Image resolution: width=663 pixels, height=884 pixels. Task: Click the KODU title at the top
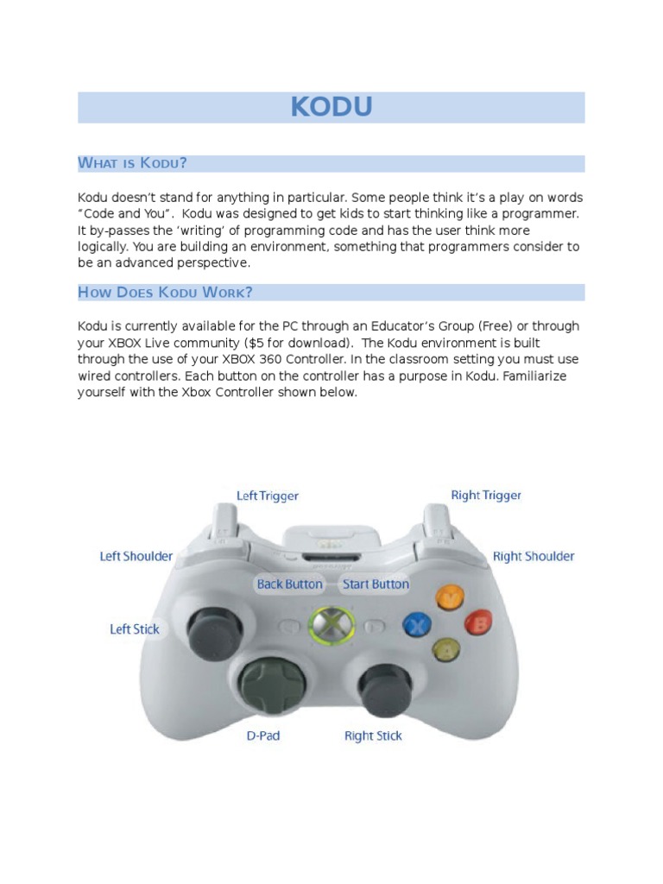[331, 107]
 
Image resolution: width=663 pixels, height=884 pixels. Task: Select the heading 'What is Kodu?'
[133, 163]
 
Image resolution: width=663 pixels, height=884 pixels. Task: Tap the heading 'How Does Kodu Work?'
[165, 292]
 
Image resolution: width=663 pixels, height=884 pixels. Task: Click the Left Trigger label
[268, 496]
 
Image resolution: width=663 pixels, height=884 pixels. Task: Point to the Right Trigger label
[486, 496]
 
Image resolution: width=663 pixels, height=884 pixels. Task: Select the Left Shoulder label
[136, 556]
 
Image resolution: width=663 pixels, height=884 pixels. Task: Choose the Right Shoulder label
[534, 556]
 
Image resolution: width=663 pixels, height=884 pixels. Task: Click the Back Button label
[289, 584]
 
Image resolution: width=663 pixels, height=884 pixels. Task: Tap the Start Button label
[376, 584]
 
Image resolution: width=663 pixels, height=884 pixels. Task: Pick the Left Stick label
[135, 629]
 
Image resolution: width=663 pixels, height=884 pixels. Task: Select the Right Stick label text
[373, 736]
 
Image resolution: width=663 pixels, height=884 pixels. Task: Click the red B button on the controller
[477, 622]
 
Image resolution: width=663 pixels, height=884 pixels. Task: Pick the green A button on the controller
[446, 649]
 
